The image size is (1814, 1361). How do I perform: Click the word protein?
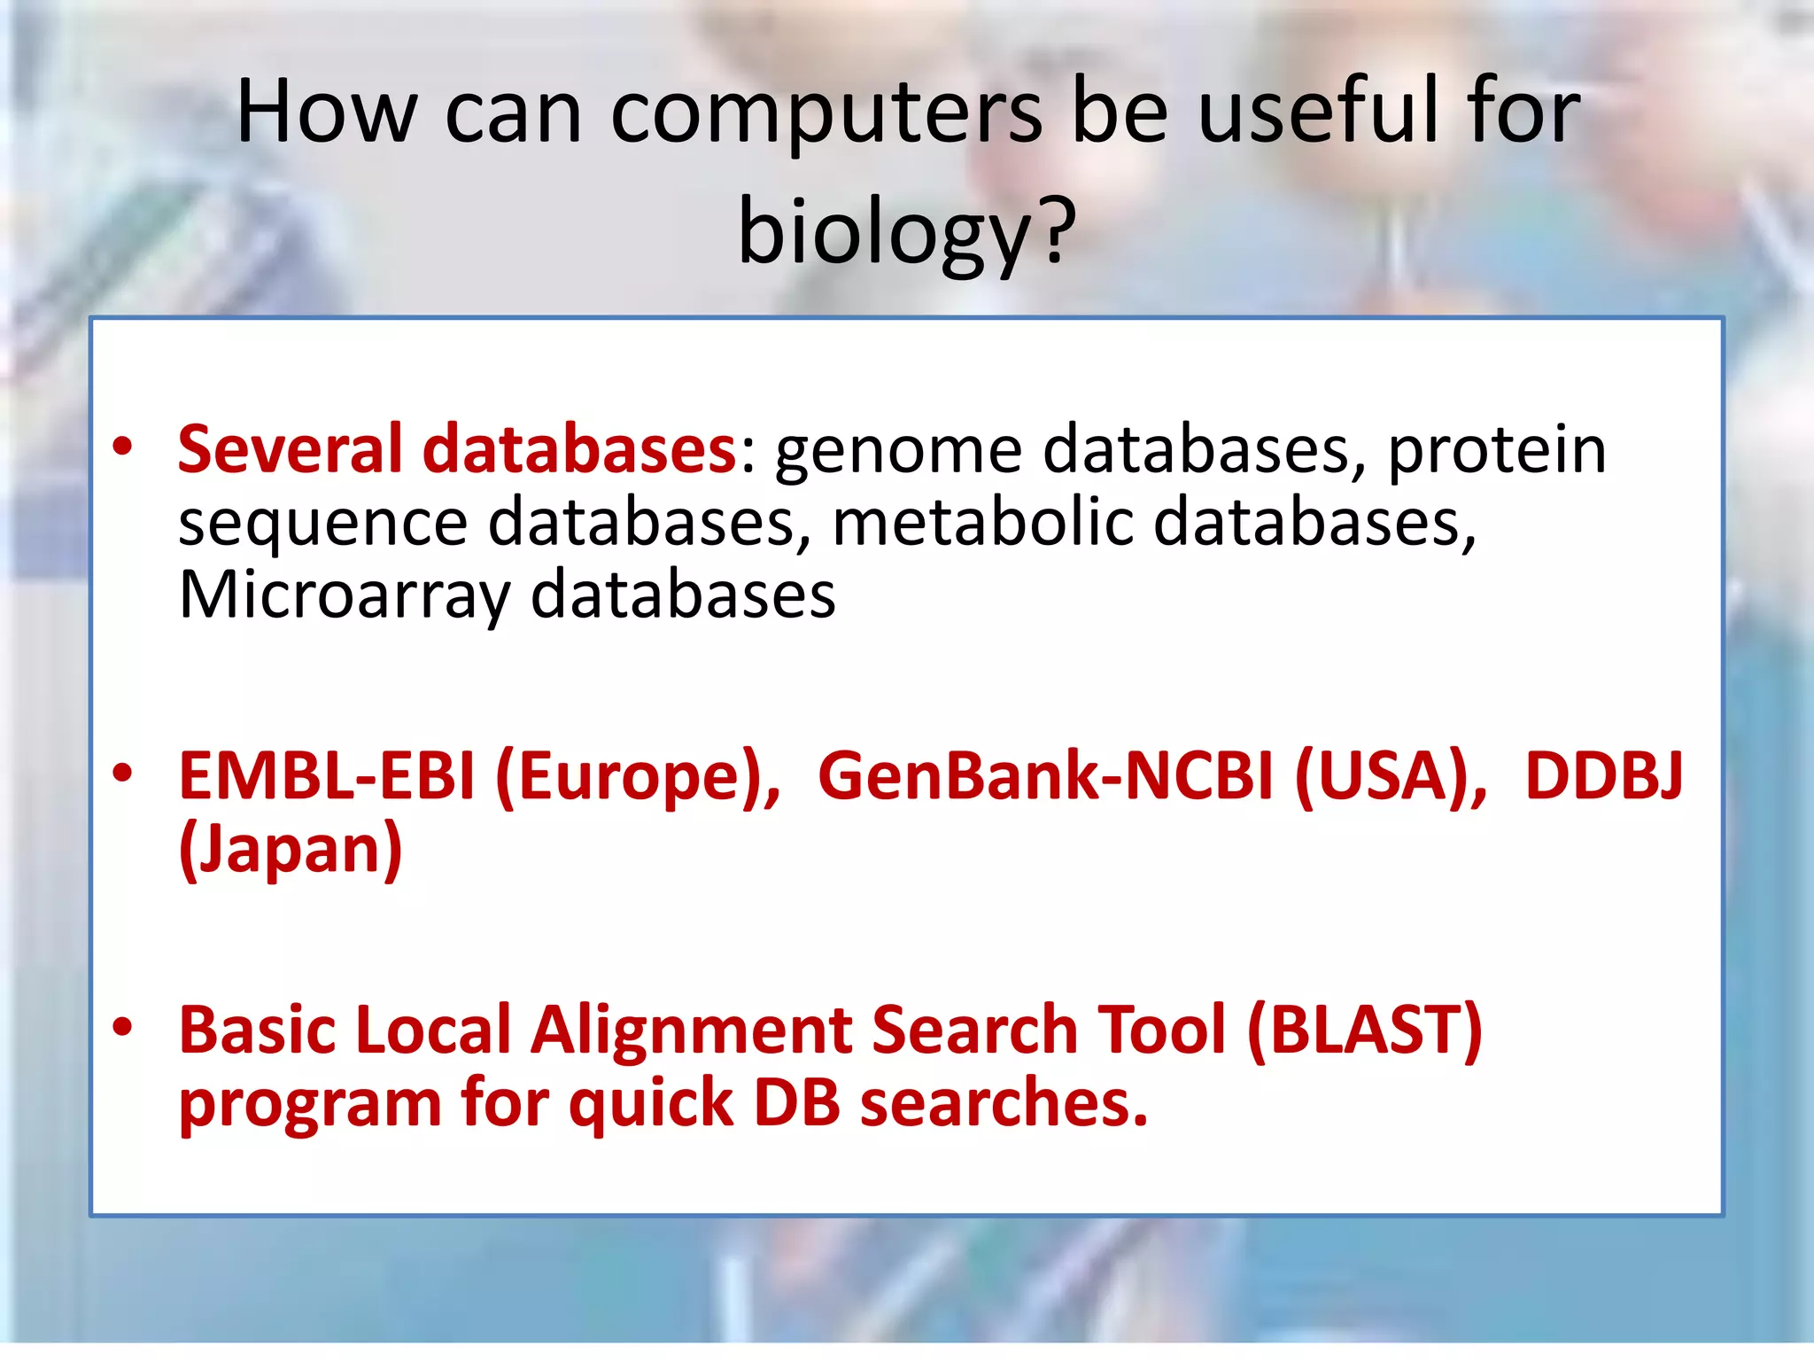coord(1496,449)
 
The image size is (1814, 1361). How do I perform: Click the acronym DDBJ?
coord(1603,776)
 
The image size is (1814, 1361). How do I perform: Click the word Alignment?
coord(690,1030)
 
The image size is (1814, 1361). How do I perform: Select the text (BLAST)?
coord(1364,1030)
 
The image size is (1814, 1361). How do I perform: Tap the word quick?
coord(650,1105)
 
